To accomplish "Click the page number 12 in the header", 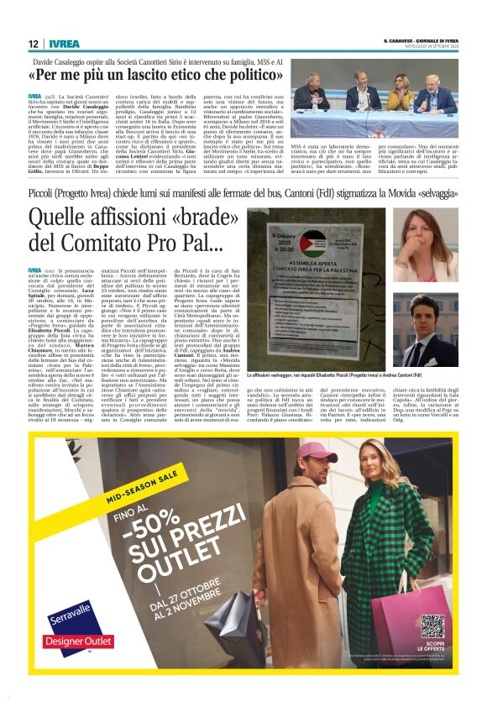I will (33, 44).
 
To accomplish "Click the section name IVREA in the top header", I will (64, 44).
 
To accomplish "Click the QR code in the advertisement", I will (432, 626).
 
